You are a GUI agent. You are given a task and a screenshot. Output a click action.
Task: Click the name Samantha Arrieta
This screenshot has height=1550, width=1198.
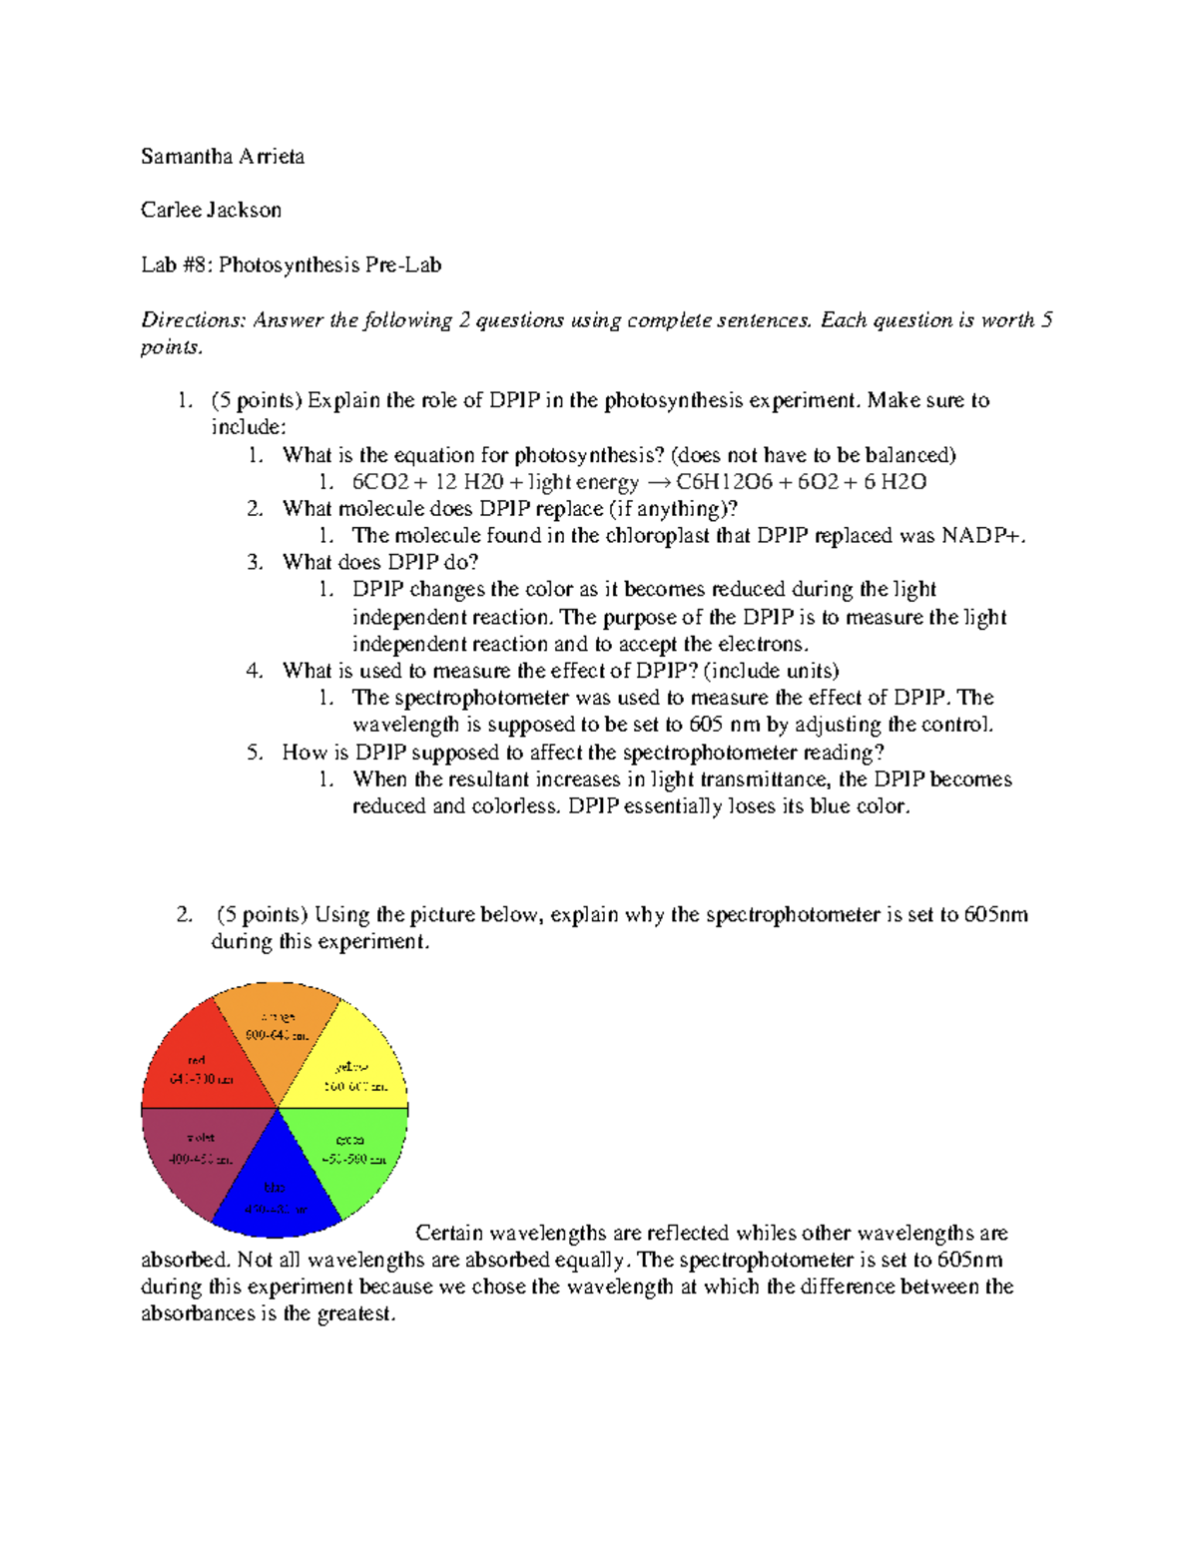[x=223, y=157]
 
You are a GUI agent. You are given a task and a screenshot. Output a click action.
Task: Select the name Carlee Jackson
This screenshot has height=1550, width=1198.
[x=211, y=211]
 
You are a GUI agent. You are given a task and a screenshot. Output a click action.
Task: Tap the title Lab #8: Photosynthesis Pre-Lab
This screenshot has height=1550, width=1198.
[x=291, y=265]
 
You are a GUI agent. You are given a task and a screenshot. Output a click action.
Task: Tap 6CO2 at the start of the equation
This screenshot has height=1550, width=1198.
[x=380, y=483]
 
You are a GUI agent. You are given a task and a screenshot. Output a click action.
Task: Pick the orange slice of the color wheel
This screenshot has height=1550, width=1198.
[x=278, y=1028]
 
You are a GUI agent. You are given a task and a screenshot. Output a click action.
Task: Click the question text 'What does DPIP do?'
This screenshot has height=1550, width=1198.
[x=380, y=563]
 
